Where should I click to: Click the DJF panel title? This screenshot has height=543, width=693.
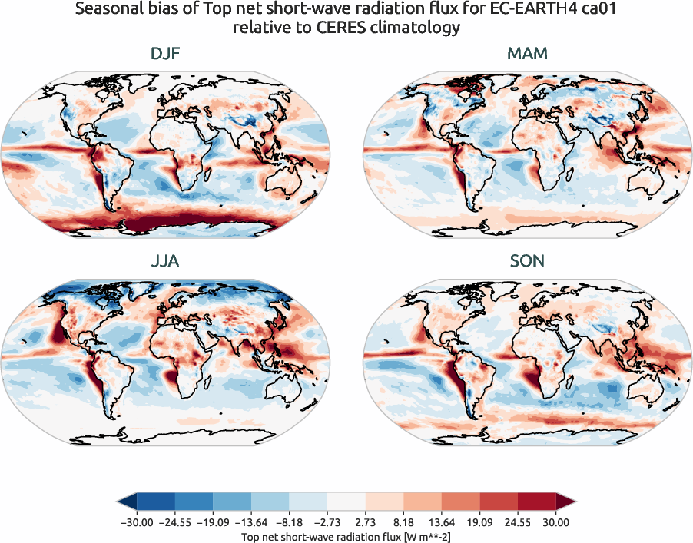pos(165,55)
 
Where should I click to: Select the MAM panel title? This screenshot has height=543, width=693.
pos(527,55)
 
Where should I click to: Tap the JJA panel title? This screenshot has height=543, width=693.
pos(165,261)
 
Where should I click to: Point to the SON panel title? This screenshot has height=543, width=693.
pos(527,261)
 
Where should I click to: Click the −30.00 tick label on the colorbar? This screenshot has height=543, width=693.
pos(137,523)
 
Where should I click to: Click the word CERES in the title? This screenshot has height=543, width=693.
pos(343,28)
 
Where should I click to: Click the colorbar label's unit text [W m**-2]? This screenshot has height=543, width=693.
pos(421,536)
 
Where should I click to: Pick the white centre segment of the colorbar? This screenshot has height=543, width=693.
pos(346,503)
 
